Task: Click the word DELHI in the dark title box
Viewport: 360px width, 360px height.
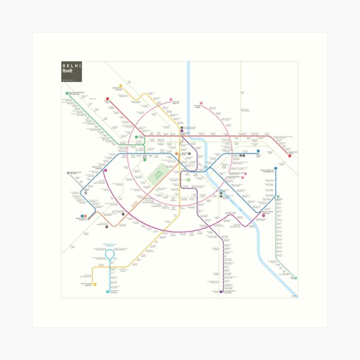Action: [73, 66]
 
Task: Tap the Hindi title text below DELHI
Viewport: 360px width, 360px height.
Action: [68, 73]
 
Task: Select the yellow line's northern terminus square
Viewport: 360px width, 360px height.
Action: [121, 86]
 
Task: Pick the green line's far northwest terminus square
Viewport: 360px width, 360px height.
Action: [67, 93]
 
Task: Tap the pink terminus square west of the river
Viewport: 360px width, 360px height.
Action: [170, 100]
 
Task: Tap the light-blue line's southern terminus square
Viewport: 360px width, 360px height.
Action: [108, 292]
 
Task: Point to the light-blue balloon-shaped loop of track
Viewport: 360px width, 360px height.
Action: [110, 254]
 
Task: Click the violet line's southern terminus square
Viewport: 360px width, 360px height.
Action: [221, 292]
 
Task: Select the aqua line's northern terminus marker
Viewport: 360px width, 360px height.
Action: [277, 196]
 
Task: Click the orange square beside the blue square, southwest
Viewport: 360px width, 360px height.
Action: [85, 216]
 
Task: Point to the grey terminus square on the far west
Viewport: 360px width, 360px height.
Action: [69, 173]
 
